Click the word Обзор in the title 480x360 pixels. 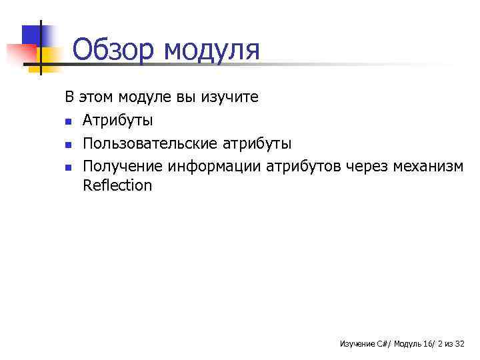112,50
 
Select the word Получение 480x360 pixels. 123,165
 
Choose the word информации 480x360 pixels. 215,165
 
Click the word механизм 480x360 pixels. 429,165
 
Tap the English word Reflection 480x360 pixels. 117,185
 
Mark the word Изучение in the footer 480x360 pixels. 357,344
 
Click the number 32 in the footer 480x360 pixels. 459,344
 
